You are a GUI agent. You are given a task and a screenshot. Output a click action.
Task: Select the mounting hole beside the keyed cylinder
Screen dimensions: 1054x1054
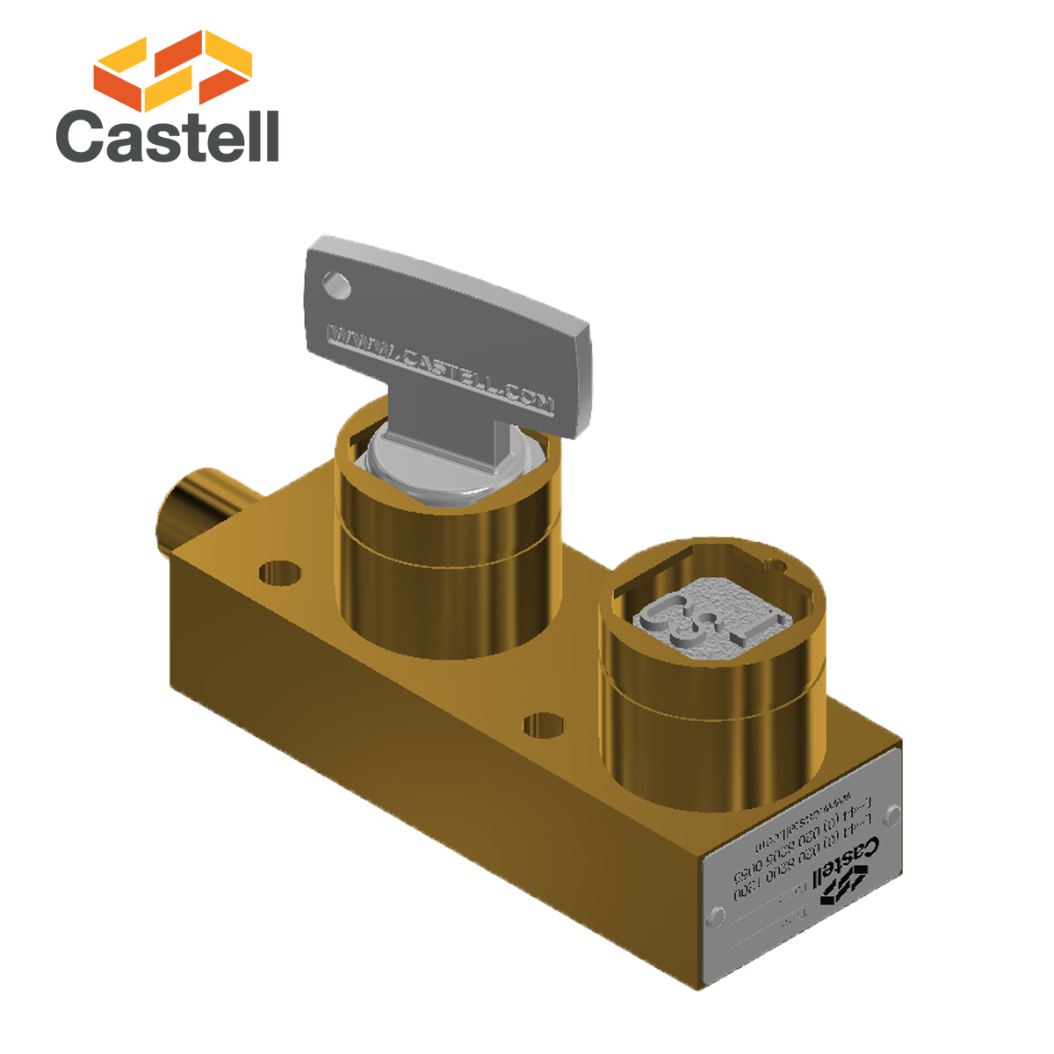click(280, 574)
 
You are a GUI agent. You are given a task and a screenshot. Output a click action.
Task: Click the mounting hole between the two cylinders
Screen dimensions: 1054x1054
click(543, 726)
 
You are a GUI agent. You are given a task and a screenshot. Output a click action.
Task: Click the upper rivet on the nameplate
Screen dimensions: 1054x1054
click(892, 815)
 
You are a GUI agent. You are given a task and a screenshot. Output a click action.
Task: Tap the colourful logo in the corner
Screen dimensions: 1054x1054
click(167, 96)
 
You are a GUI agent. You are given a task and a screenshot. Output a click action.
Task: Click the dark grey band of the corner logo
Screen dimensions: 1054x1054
click(167, 132)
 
